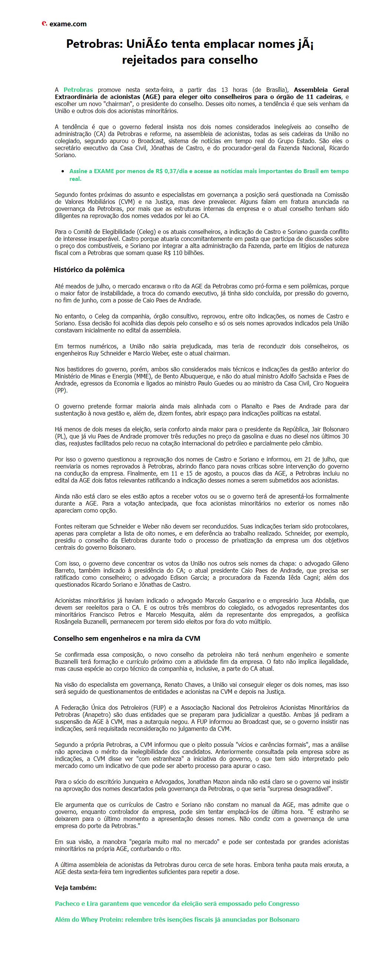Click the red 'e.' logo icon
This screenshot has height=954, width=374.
pos(44,23)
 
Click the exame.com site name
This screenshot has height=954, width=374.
pos(68,24)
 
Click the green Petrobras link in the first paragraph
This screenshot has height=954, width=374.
pos(78,90)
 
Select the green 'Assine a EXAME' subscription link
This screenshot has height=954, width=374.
pos(209,175)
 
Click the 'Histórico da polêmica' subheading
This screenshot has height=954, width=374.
pos(89,270)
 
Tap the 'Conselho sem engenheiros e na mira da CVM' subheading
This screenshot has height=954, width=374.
pos(127,638)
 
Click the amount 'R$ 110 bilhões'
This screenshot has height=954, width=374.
pos(184,253)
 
